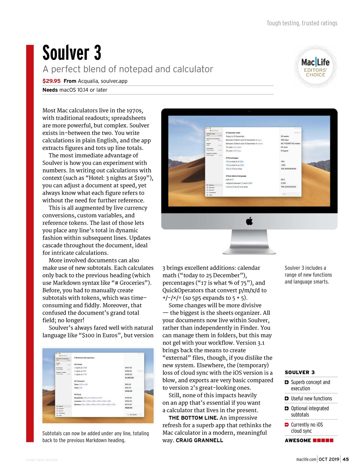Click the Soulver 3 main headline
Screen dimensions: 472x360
pos(72,53)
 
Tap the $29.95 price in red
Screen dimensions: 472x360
pos(51,81)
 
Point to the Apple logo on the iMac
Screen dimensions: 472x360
pos(249,221)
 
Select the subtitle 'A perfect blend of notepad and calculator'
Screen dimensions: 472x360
pos(128,69)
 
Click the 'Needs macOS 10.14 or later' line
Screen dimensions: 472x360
pos(75,90)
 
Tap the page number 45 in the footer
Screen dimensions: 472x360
pos(346,459)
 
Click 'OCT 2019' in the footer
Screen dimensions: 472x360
pos(329,459)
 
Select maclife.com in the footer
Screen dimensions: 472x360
pos(306,459)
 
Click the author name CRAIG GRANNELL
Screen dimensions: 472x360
pos(200,440)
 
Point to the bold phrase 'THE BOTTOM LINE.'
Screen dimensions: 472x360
pos(193,418)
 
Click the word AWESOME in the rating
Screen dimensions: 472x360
pos(298,440)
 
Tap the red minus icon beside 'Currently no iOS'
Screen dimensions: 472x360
pos(287,425)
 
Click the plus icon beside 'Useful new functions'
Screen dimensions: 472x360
pos(287,399)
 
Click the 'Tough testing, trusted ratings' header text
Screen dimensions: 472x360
pos(302,23)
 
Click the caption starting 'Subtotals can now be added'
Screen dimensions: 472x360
pos(96,437)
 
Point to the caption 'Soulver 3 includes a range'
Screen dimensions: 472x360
pos(308,275)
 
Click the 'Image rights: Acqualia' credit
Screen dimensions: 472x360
pos(42,460)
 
